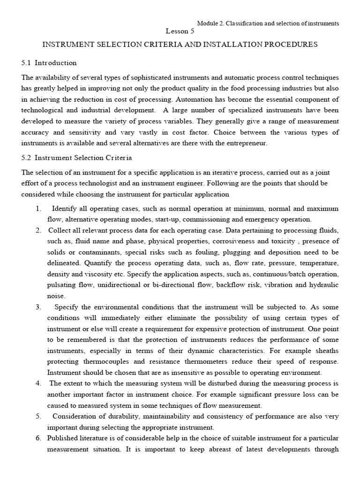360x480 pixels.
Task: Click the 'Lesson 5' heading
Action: [x=180, y=31]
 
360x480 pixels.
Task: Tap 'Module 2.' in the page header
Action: [x=209, y=23]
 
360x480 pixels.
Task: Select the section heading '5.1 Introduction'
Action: [x=49, y=63]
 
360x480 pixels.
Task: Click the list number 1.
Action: [x=38, y=208]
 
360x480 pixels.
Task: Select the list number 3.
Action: [x=38, y=307]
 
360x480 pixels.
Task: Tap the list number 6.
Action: [x=38, y=438]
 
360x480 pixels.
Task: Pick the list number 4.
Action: [x=38, y=383]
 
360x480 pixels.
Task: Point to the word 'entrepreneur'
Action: [x=247, y=143]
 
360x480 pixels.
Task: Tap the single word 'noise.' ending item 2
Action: [x=56, y=296]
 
